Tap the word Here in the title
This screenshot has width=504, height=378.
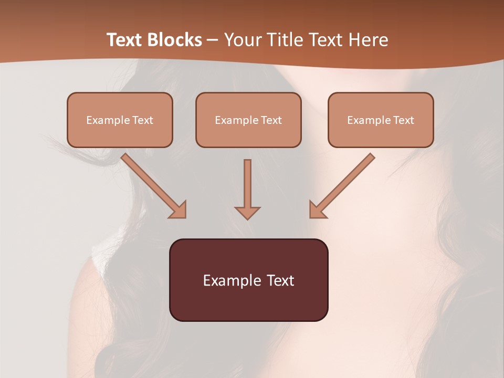[x=369, y=40]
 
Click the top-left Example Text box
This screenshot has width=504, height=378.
[x=120, y=120]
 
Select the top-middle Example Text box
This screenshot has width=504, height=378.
[x=248, y=120]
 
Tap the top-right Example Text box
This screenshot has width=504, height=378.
[x=381, y=120]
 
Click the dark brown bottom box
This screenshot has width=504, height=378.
[x=248, y=280]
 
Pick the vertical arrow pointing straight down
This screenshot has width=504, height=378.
[x=247, y=189]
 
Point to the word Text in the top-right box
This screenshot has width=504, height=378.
[x=403, y=120]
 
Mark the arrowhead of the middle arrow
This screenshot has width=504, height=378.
[x=247, y=212]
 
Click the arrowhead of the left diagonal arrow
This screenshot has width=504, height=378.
[x=178, y=209]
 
